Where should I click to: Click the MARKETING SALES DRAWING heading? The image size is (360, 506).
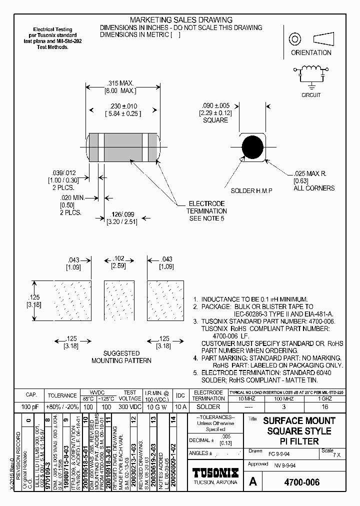pos(181,20)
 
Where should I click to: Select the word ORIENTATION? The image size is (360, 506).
pos(311,52)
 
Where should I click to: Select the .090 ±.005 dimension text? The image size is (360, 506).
pos(215,105)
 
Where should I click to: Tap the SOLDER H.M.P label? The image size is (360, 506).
pos(249,191)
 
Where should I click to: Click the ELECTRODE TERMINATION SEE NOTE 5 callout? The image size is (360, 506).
pos(206,211)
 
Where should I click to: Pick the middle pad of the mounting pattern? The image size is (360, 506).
pos(119,301)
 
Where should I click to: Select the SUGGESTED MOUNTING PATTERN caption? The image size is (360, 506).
pos(121,356)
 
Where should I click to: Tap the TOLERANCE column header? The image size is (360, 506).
pos(62,395)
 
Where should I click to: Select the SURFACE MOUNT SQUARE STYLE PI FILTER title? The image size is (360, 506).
pos(299,431)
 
